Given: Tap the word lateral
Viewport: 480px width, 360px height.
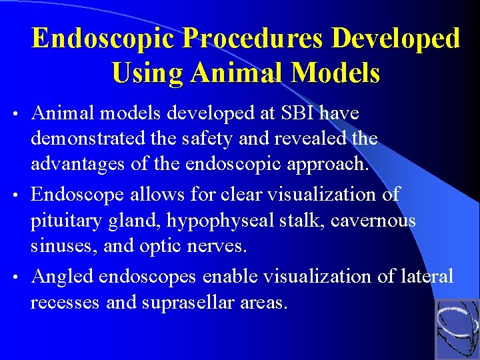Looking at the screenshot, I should tap(427, 275).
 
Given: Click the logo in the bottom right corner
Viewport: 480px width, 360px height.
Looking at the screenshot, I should tap(457, 329).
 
